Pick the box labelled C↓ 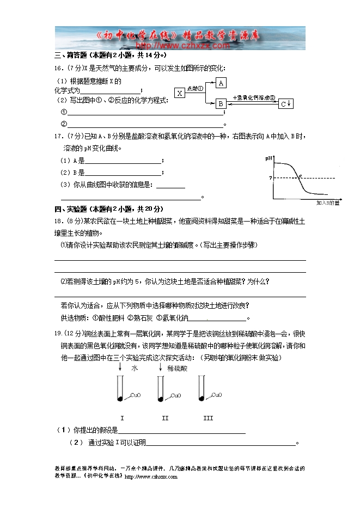click(286, 103)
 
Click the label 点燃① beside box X click(195, 88)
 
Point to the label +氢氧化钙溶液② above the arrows click(252, 97)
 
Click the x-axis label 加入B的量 click(328, 203)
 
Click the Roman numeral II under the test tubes click(165, 418)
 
